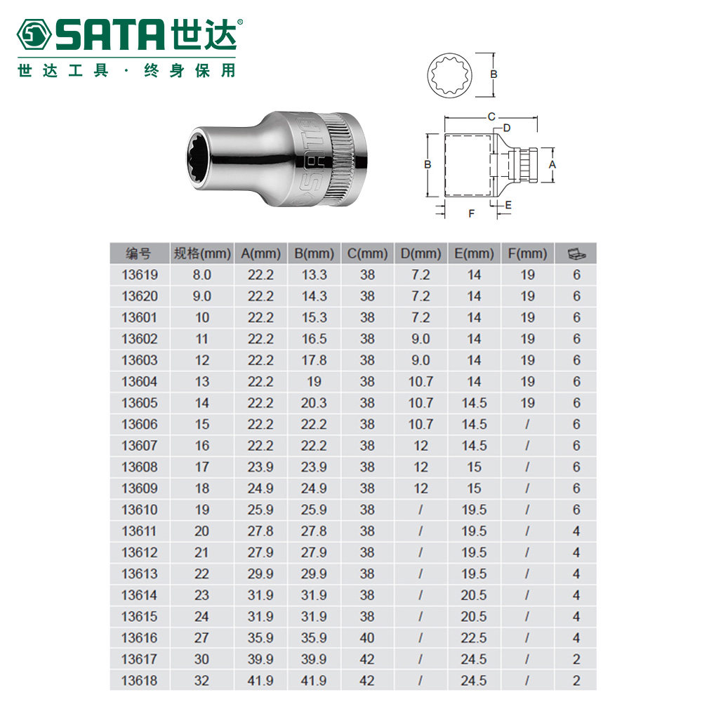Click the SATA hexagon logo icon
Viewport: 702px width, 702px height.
click(34, 34)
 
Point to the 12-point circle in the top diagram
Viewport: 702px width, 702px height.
click(449, 74)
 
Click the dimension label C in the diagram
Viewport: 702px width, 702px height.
click(491, 117)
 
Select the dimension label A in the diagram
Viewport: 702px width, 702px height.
click(552, 165)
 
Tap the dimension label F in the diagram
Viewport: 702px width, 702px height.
click(472, 213)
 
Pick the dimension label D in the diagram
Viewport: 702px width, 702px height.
click(506, 128)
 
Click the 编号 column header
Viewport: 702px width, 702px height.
click(139, 253)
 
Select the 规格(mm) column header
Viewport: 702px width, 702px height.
click(202, 253)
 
